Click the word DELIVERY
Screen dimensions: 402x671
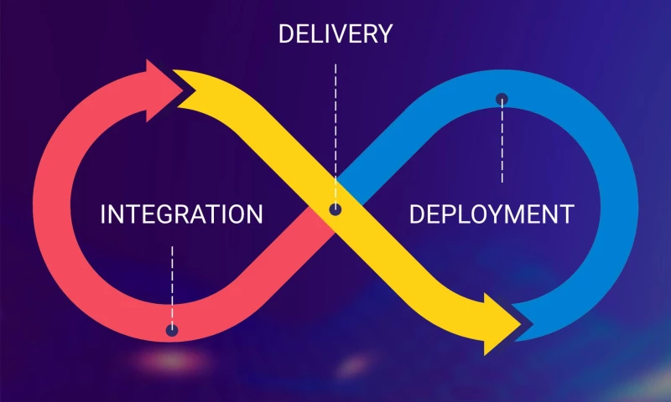(335, 33)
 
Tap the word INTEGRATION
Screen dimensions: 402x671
(181, 214)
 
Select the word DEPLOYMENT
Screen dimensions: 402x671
(492, 214)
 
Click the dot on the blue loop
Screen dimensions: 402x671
(502, 99)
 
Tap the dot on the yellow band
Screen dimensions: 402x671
(335, 209)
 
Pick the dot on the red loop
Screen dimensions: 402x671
(172, 330)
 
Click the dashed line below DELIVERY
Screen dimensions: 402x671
(335, 126)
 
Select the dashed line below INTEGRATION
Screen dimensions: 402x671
(172, 281)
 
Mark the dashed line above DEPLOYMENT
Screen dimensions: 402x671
(502, 142)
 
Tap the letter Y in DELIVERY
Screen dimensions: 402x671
(383, 33)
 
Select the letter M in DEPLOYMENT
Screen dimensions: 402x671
(518, 214)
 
